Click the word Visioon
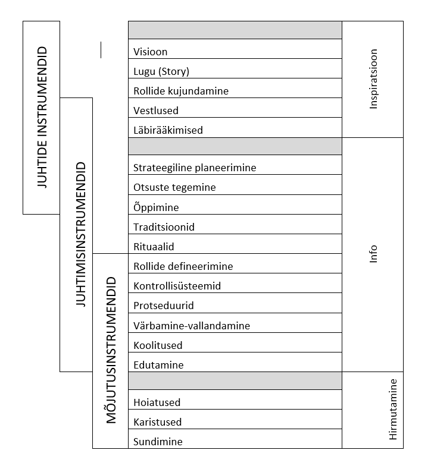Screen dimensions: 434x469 click(151, 52)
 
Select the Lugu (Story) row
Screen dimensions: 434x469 click(161, 71)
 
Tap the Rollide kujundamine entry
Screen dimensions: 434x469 click(181, 91)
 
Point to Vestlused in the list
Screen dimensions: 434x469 click(156, 111)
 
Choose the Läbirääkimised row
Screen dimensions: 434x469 click(168, 130)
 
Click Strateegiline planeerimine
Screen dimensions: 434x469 click(195, 168)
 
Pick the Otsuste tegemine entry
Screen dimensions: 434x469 click(174, 187)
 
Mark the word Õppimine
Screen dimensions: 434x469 click(156, 207)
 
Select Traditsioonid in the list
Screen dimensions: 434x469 click(164, 227)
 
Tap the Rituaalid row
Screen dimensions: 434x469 click(154, 247)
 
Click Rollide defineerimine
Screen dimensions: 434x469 click(183, 266)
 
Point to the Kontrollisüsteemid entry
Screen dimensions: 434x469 click(177, 286)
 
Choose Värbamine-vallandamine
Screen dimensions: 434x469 click(192, 325)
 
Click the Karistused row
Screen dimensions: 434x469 click(158, 422)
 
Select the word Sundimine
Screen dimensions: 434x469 click(158, 442)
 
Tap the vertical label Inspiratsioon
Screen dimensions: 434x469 click(373, 79)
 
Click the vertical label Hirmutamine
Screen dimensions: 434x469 click(393, 410)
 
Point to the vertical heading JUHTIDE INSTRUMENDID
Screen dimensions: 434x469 click(42, 117)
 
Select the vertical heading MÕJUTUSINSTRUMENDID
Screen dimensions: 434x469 click(111, 350)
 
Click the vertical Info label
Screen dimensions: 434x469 click(373, 254)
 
